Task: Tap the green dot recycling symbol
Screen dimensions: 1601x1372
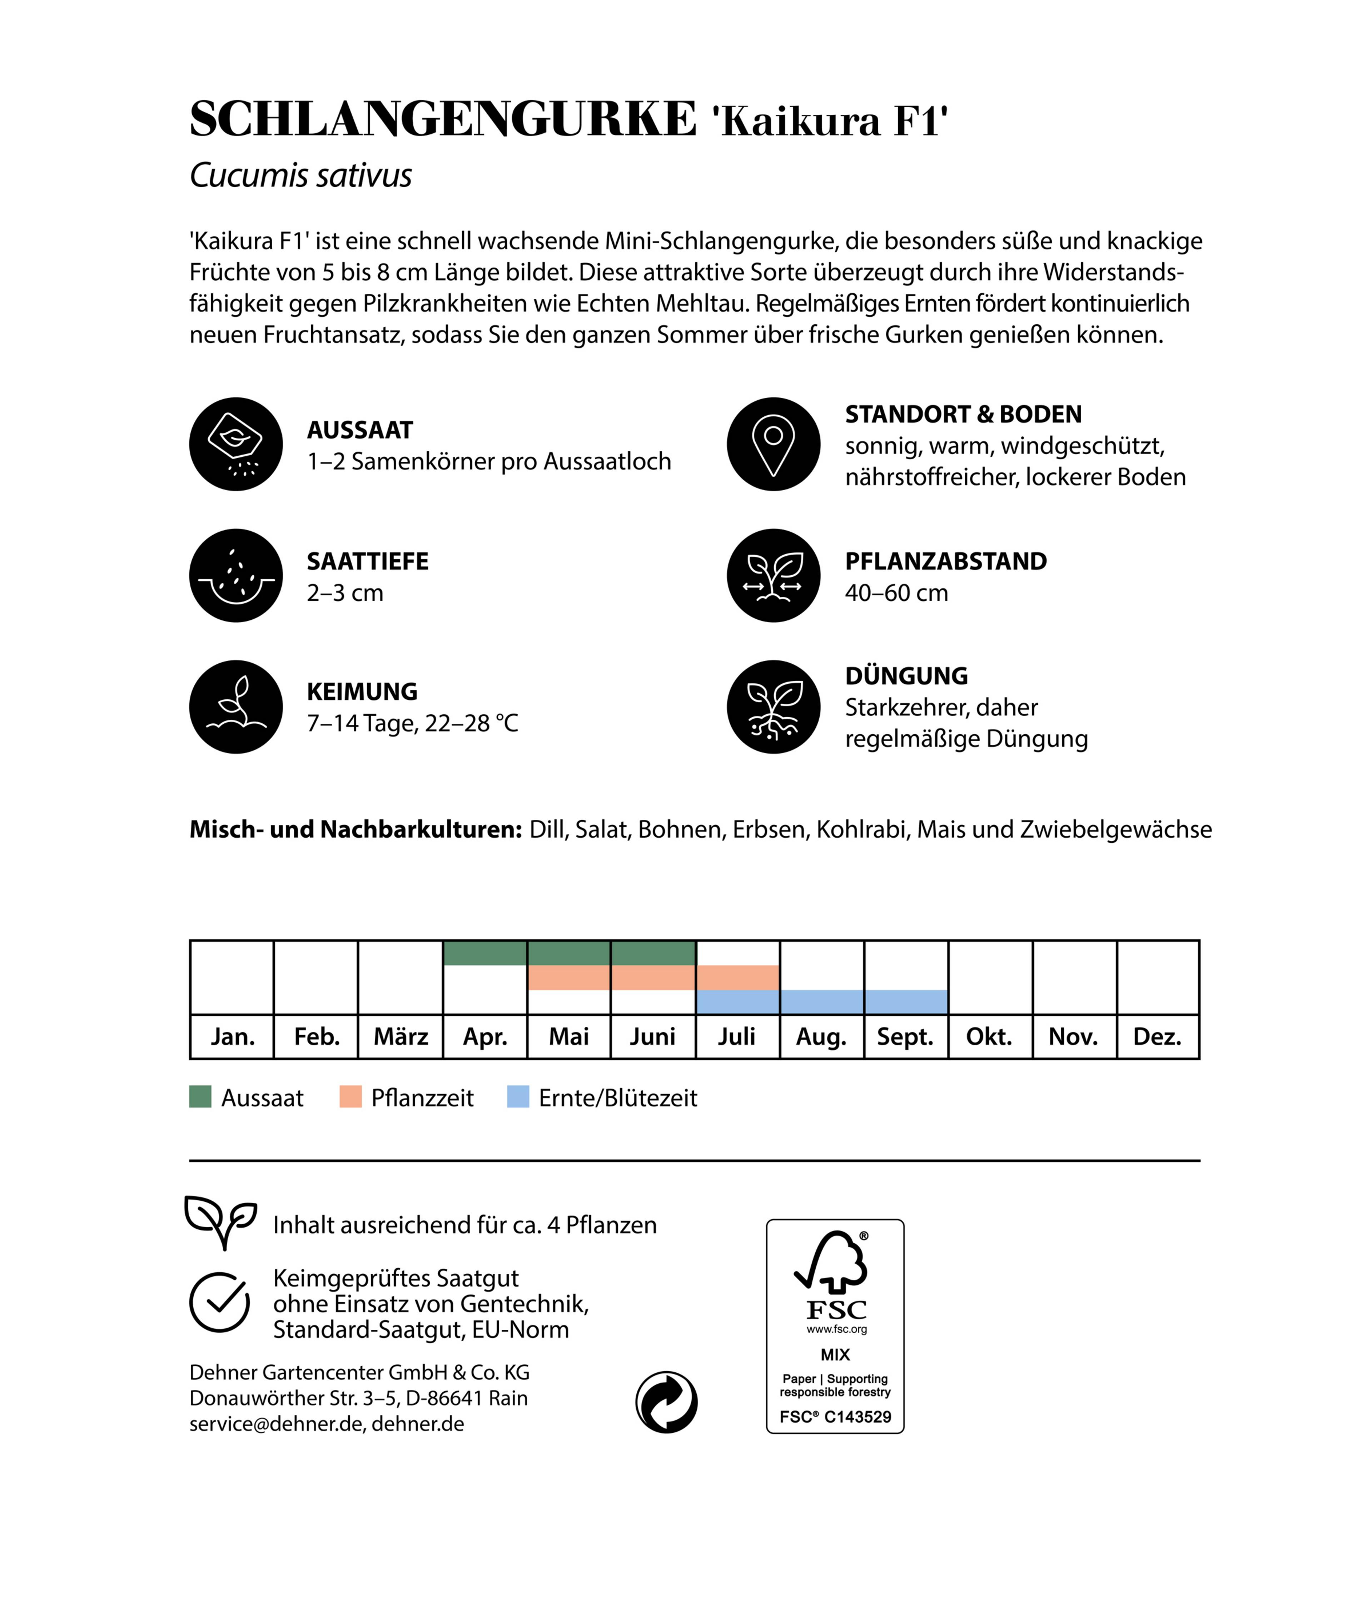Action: [666, 1402]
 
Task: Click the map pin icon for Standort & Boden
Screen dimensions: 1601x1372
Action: [773, 444]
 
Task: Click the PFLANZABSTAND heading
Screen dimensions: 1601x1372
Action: [945, 561]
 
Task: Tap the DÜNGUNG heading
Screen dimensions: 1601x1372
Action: [906, 676]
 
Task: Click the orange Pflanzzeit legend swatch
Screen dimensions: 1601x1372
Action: [351, 1097]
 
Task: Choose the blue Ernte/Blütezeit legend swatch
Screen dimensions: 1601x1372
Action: [518, 1097]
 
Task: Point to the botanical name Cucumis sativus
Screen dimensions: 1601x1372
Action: [300, 175]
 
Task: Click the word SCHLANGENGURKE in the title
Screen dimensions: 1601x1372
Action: [443, 120]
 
